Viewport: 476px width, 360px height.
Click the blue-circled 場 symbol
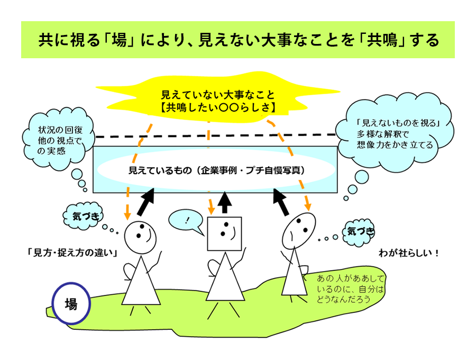click(x=71, y=304)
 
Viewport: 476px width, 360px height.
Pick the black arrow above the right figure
click(x=283, y=201)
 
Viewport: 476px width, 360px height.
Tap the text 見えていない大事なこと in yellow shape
click(x=218, y=95)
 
